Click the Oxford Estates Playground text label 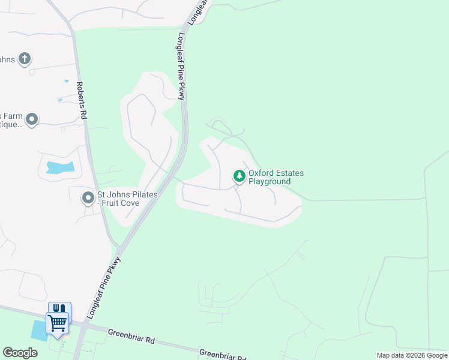(x=276, y=177)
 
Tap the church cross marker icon (x=24, y=59)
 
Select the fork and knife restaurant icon (x=59, y=308)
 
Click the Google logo (x=20, y=353)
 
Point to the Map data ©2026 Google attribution (x=412, y=355)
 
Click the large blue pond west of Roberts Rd (x=59, y=167)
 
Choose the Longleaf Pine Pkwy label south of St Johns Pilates (x=104, y=287)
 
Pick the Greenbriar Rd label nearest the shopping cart (x=131, y=336)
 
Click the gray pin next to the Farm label (x=32, y=120)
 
